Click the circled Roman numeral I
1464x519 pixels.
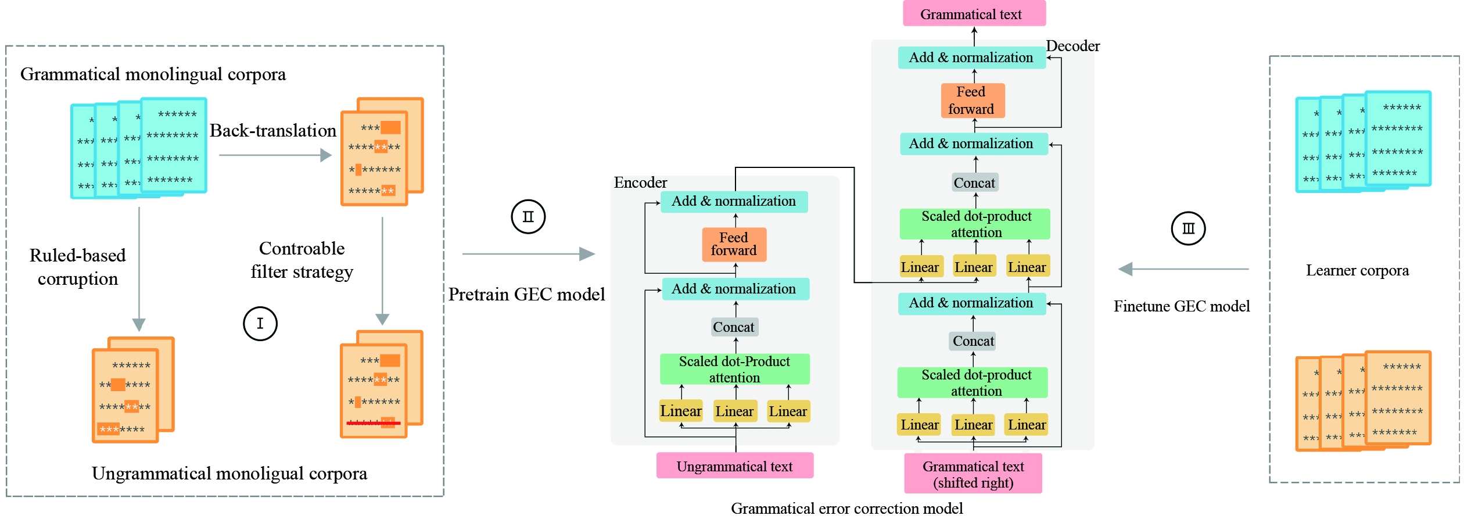point(260,324)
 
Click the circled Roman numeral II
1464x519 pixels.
point(528,217)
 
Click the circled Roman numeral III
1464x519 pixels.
point(1188,228)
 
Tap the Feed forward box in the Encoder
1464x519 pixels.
point(734,244)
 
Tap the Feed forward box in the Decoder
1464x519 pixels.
point(972,101)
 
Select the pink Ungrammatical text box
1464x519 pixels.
point(734,466)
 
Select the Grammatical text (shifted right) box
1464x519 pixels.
point(973,474)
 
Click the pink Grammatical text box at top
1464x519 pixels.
point(974,14)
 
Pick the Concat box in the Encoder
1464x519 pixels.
point(734,327)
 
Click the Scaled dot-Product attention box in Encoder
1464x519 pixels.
point(734,370)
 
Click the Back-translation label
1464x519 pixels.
point(272,131)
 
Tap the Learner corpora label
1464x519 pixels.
point(1357,271)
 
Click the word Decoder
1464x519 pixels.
point(1072,46)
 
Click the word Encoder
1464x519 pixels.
point(640,182)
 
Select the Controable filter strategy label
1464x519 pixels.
point(302,260)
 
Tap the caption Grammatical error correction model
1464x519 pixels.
point(846,509)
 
